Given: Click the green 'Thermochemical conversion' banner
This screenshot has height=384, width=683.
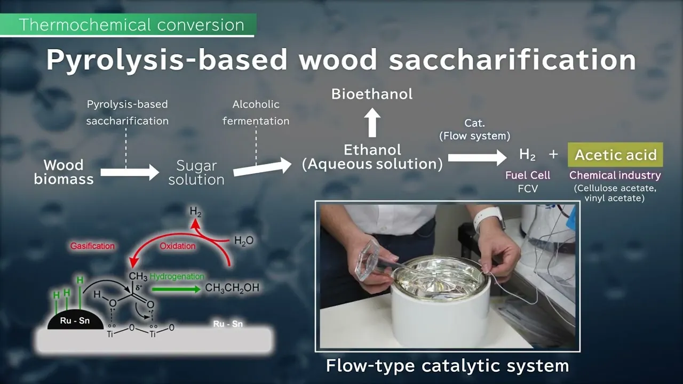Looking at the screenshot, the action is pyautogui.click(x=128, y=25).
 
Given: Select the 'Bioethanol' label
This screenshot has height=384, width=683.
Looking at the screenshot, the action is pyautogui.click(x=372, y=94).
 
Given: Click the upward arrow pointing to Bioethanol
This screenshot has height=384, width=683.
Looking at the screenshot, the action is pyautogui.click(x=372, y=123).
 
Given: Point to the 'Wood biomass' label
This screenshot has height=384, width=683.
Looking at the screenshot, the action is pyautogui.click(x=63, y=172).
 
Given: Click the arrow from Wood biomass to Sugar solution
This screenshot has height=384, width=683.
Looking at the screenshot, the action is pyautogui.click(x=130, y=172).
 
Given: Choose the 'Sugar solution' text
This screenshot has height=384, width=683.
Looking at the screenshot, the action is pyautogui.click(x=196, y=173).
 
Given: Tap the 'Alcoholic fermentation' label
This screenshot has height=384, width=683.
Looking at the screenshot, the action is pyautogui.click(x=256, y=113).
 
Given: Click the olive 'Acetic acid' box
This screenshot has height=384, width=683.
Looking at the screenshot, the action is pyautogui.click(x=615, y=155).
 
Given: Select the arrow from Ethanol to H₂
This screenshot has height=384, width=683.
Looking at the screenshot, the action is pyautogui.click(x=477, y=157).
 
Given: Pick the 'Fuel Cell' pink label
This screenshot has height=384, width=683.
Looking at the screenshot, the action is pyautogui.click(x=528, y=175).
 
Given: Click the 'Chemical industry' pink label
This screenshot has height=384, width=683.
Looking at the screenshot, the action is pyautogui.click(x=615, y=175).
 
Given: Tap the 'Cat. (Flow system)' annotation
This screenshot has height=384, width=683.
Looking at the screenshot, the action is pyautogui.click(x=475, y=130).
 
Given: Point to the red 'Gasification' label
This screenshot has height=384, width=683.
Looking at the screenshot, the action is pyautogui.click(x=92, y=246).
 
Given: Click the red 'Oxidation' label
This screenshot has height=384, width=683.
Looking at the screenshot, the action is pyautogui.click(x=178, y=246).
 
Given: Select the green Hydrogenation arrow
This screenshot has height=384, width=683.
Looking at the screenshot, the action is pyautogui.click(x=176, y=289).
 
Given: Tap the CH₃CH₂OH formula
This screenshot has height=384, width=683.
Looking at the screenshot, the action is pyautogui.click(x=232, y=287).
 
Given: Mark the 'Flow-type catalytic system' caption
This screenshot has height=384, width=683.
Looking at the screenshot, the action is pyautogui.click(x=448, y=365).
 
